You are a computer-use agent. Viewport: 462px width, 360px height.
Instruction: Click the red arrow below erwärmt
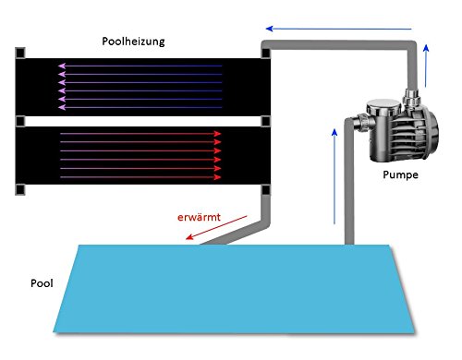(x=217, y=228)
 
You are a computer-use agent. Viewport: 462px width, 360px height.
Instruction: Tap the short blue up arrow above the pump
(x=425, y=60)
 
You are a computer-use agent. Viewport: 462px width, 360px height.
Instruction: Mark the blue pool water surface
(x=231, y=286)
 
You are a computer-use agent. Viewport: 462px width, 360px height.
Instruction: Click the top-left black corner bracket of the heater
(x=19, y=53)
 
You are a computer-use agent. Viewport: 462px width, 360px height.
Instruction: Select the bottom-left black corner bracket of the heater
(x=19, y=190)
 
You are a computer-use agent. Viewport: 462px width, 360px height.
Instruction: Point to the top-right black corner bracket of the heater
(x=264, y=53)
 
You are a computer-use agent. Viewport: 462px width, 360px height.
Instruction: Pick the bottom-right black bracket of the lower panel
(x=264, y=190)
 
